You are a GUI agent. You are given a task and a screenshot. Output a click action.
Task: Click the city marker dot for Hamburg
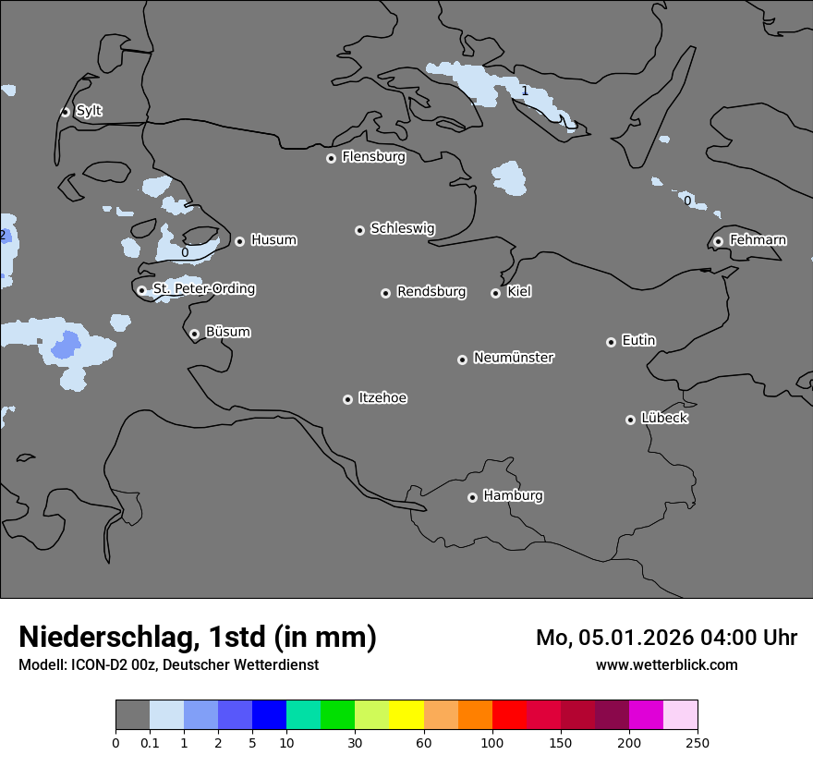(472, 497)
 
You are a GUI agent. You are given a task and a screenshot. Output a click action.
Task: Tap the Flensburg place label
(373, 157)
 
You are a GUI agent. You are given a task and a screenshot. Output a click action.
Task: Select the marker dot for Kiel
(495, 293)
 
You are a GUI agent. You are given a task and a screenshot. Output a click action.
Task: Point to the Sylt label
(89, 111)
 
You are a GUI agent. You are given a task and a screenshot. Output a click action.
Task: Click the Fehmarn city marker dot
(718, 241)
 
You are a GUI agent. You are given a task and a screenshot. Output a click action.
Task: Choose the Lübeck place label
(664, 419)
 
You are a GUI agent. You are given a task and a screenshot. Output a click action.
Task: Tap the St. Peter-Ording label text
(203, 289)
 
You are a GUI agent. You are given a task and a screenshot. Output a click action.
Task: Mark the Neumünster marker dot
(462, 359)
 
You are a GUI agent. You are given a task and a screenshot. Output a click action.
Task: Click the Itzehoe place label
(382, 398)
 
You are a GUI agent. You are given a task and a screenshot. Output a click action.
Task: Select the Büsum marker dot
(194, 334)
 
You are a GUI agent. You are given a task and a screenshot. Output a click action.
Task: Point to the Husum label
(273, 240)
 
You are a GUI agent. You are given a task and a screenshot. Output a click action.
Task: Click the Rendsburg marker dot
(385, 293)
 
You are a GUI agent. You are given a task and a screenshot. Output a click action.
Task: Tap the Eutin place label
(638, 341)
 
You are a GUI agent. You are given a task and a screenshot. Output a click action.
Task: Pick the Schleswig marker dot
(359, 230)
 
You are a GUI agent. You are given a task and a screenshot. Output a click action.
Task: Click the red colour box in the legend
(509, 715)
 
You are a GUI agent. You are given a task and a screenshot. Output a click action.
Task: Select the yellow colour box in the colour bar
(406, 715)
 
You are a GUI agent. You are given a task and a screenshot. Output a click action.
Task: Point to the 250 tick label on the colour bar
(698, 742)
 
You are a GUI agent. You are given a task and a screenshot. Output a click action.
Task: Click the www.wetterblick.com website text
(666, 665)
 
